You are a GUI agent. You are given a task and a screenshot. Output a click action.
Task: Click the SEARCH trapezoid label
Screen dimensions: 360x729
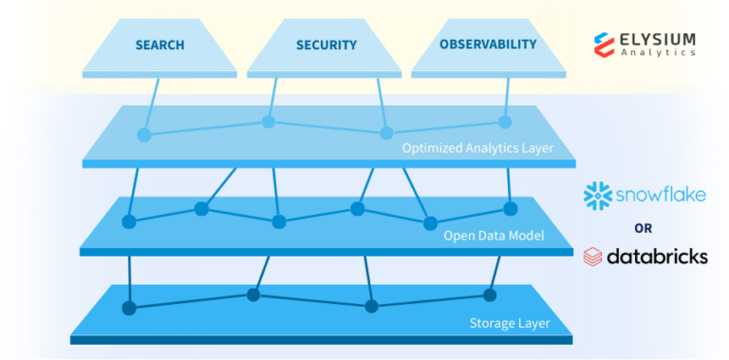point(159,45)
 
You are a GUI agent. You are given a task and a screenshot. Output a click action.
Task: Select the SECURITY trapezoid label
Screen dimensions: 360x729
point(326,45)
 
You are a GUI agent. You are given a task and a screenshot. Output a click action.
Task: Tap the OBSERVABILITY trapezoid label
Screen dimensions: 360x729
point(488,45)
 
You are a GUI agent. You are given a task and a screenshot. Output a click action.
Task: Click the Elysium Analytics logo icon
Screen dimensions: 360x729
point(606,44)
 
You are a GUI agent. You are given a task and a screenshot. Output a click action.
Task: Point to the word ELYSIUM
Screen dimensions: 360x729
point(659,38)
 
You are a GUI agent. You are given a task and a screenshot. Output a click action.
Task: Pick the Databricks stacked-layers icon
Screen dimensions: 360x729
point(593,256)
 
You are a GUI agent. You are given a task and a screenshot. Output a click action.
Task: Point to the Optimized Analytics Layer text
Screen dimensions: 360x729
point(477,148)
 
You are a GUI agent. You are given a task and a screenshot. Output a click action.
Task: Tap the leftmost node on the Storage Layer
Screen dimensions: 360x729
point(129,308)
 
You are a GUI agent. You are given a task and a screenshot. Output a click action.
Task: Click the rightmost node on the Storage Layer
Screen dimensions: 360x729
point(492,294)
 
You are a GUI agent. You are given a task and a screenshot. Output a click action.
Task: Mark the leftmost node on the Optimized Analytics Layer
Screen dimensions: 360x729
point(144,135)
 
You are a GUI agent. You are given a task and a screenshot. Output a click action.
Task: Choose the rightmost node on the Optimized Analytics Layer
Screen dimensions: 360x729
point(505,122)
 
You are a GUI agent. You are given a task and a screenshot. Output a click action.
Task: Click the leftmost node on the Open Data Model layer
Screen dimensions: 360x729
point(129,222)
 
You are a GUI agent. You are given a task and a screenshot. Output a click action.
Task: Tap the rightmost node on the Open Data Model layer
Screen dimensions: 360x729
point(510,209)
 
